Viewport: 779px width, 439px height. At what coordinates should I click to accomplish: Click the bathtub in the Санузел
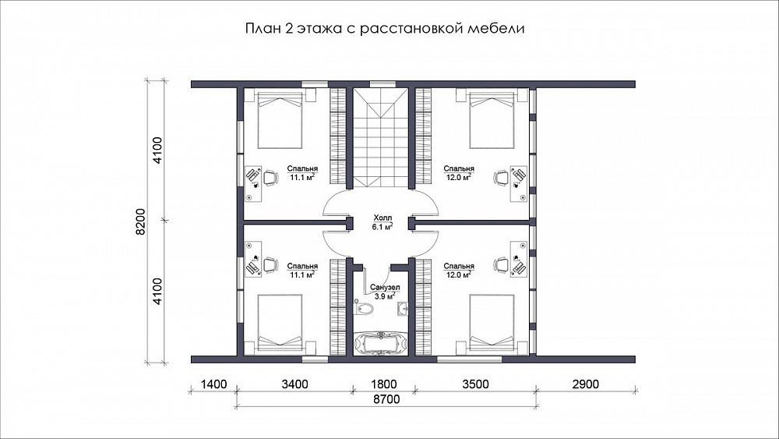tap(380, 344)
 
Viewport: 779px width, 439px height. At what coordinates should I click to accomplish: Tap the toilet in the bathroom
tap(363, 308)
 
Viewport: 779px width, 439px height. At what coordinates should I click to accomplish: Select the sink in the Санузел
tap(403, 309)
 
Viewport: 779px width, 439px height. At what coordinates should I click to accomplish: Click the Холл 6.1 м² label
tap(382, 222)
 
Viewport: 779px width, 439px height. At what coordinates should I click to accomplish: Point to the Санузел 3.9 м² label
tap(385, 292)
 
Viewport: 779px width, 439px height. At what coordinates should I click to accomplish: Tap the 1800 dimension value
tap(384, 384)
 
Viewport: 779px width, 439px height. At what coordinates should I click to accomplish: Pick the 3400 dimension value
tap(294, 384)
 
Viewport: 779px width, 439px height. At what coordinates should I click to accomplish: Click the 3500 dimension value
tap(475, 384)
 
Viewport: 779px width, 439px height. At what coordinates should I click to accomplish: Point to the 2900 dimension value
tap(585, 384)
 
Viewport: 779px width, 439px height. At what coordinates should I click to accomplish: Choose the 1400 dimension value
tap(213, 384)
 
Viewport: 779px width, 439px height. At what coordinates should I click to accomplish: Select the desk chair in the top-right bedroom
tap(501, 177)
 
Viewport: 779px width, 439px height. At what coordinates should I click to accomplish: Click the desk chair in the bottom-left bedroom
tap(270, 265)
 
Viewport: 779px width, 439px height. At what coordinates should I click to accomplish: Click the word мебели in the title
tap(496, 28)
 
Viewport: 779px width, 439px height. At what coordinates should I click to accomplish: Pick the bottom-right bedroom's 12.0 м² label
tap(459, 274)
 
